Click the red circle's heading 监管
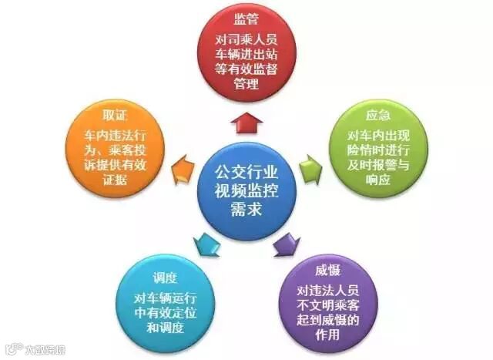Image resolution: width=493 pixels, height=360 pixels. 246,16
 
